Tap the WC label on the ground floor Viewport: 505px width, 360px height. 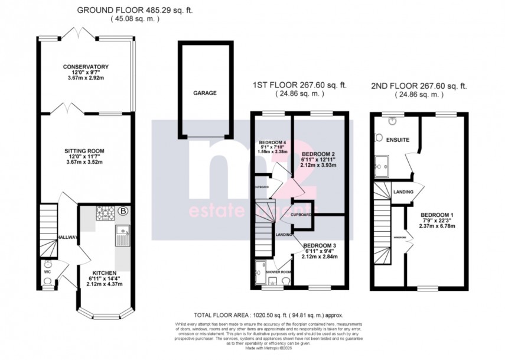pos(47,264)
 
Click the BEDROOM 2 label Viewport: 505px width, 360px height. pos(318,151)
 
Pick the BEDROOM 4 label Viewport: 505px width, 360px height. pos(272,141)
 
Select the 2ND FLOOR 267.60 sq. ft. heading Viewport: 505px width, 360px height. pos(418,86)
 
